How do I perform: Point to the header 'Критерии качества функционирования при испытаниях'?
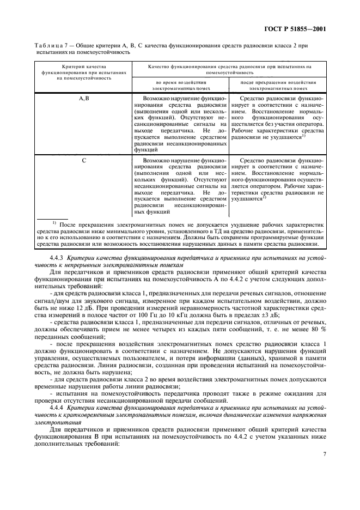[x=83, y=71]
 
